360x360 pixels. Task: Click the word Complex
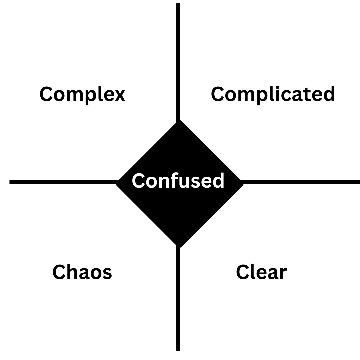coord(82,94)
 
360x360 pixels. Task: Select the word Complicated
coord(273,94)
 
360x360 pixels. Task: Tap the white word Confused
coord(178,181)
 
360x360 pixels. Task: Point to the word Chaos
coord(82,272)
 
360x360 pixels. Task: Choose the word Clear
coord(261,272)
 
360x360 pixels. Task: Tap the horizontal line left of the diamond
coord(63,182)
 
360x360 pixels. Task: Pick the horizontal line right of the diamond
coord(300,182)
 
